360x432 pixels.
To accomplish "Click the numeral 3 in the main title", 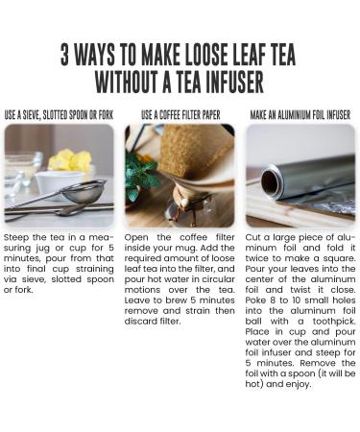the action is click(x=64, y=54).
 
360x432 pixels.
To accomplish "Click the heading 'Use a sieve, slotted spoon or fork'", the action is click(x=59, y=115).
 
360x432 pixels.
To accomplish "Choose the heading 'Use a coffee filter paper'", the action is click(x=180, y=115).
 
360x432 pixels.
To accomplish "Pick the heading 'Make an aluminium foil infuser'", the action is click(x=300, y=115).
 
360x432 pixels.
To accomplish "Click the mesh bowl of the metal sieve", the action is click(x=84, y=191).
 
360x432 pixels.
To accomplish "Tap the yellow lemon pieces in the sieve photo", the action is click(x=70, y=159).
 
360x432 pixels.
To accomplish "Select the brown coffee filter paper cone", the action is click(x=196, y=152).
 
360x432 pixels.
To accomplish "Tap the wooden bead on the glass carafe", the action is click(x=185, y=203).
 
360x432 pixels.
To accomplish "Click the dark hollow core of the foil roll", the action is click(x=271, y=182).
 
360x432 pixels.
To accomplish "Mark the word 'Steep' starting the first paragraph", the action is click(x=16, y=238).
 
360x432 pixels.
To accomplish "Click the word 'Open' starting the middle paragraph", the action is click(x=136, y=238).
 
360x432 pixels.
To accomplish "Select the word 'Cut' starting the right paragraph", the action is click(x=252, y=237).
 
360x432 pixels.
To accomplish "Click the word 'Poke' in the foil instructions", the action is click(x=255, y=300).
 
